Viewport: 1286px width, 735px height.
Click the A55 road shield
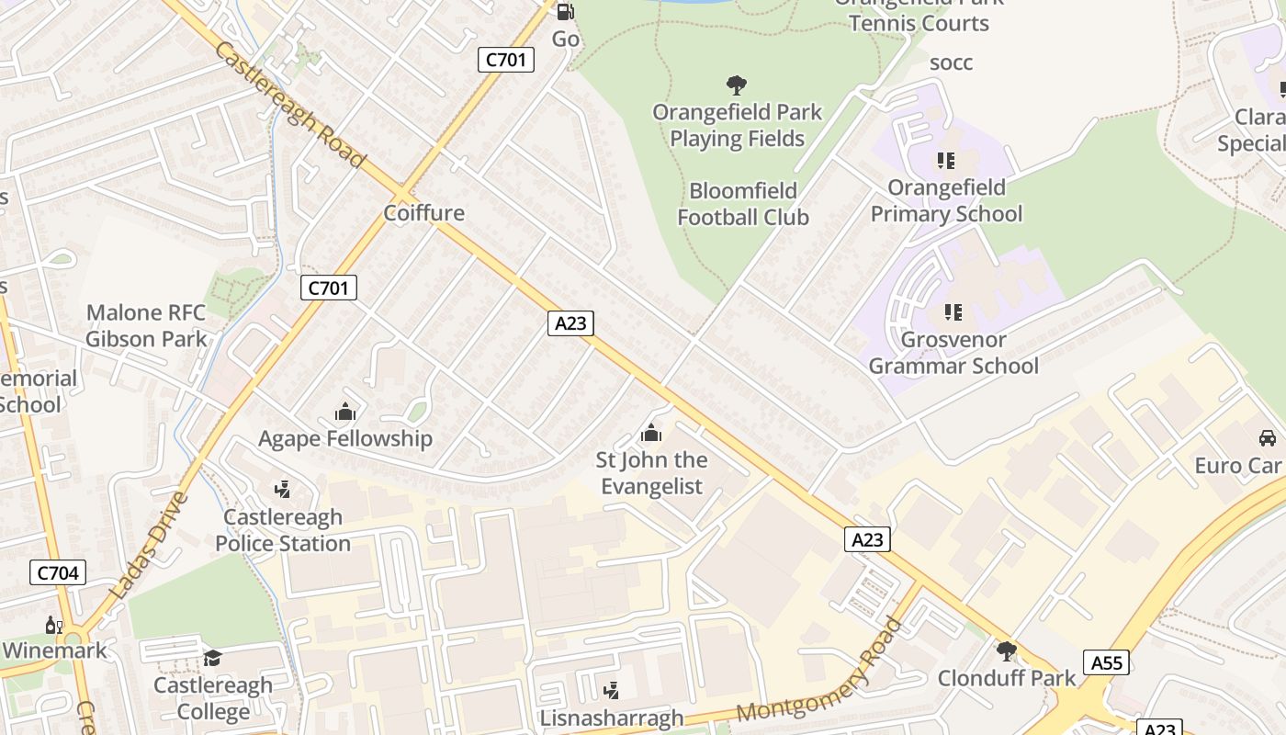click(1105, 662)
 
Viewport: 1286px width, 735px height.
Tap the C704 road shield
click(58, 573)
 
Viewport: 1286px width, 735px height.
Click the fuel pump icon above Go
click(566, 12)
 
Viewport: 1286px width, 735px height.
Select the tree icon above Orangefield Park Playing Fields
click(736, 85)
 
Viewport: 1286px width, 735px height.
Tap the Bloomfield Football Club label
click(743, 204)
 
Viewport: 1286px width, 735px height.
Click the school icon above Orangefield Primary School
click(946, 161)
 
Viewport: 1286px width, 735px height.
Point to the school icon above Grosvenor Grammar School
click(953, 312)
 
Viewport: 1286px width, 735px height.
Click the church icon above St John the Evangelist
click(651, 433)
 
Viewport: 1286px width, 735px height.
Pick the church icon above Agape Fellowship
click(345, 412)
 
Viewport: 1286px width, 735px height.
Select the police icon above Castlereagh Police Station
click(283, 490)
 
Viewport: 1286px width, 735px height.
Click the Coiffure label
click(424, 213)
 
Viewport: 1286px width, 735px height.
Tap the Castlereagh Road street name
click(290, 104)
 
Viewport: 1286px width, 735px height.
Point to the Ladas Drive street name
click(149, 546)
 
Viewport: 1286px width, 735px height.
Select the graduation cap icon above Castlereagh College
click(213, 658)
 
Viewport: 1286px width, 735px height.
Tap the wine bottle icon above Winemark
click(53, 626)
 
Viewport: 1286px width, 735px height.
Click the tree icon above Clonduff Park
click(1007, 651)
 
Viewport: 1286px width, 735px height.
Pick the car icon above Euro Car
click(1268, 438)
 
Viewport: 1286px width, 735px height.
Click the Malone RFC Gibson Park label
click(146, 326)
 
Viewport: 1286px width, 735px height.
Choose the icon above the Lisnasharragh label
click(611, 690)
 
